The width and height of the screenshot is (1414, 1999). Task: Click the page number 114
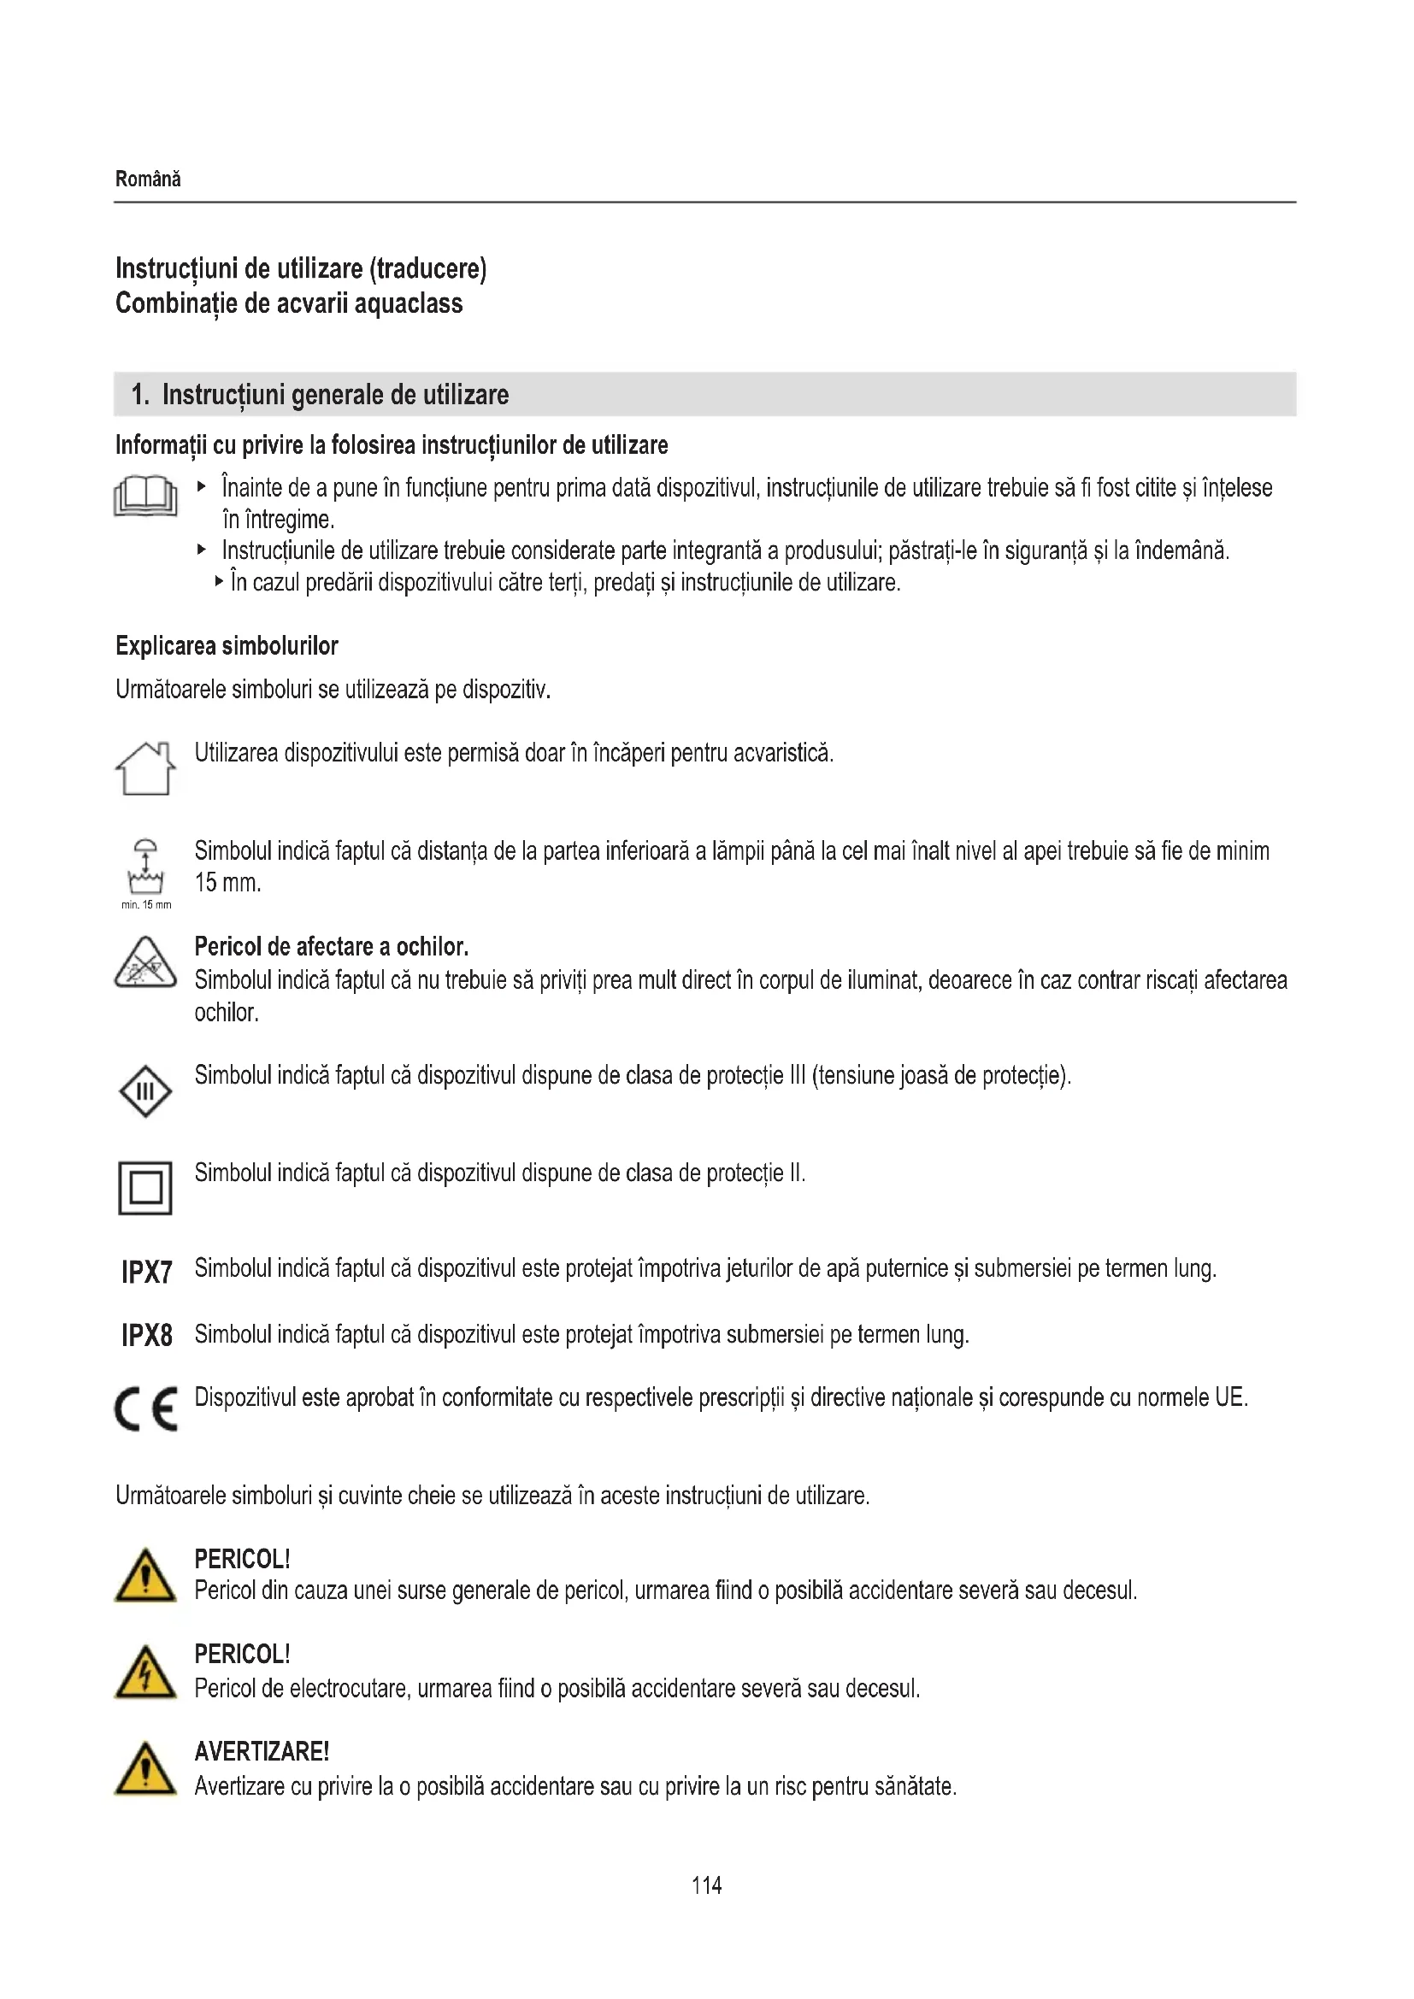[x=706, y=1885]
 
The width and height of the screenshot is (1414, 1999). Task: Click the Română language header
[x=148, y=179]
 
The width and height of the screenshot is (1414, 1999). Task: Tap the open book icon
[x=145, y=497]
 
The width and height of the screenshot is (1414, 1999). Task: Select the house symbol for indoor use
[x=145, y=769]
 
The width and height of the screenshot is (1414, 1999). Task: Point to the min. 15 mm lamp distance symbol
[x=146, y=871]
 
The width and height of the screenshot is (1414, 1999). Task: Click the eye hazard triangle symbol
[x=145, y=963]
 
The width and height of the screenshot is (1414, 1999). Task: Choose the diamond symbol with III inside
[x=145, y=1091]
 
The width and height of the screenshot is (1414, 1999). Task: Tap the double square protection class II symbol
[x=145, y=1188]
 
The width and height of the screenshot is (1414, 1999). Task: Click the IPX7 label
[x=147, y=1273]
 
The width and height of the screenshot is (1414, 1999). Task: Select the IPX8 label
[x=147, y=1336]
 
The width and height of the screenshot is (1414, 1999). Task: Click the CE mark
[x=146, y=1408]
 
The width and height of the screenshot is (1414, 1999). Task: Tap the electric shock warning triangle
[x=145, y=1673]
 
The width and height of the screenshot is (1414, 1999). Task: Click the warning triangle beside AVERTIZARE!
[x=145, y=1770]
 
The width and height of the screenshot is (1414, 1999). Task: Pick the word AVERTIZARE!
[x=262, y=1751]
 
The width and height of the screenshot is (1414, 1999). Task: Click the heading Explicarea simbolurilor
[x=227, y=646]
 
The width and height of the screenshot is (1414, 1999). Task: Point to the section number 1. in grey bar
[x=140, y=396]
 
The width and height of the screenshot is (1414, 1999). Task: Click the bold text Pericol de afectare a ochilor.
[x=331, y=946]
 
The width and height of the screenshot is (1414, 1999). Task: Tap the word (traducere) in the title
[x=428, y=268]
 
